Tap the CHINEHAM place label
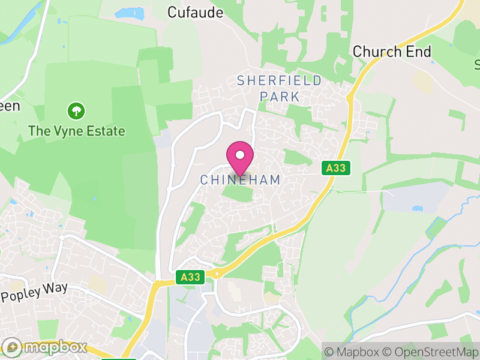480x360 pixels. coord(240,180)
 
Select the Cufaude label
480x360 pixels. coord(195,13)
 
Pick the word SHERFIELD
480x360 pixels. coord(280,80)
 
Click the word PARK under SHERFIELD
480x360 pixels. coord(280,96)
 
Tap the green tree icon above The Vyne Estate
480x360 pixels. coord(76,110)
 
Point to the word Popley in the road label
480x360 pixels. coord(22,295)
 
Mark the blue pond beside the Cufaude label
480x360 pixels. coord(130,13)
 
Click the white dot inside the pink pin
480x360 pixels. coord(240,154)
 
